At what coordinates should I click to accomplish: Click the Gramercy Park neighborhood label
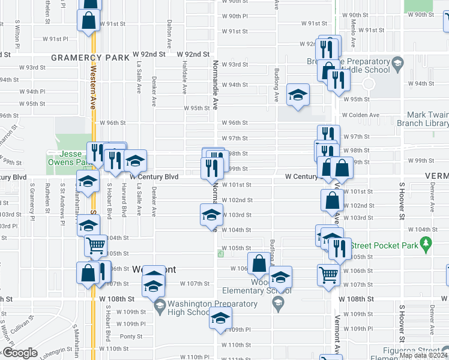pos(90,58)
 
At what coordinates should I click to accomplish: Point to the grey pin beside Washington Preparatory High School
pos(160,307)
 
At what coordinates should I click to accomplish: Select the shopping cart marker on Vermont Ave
pos(328,274)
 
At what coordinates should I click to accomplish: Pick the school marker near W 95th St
pos(298,95)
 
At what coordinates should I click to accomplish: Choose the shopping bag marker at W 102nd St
pos(332,200)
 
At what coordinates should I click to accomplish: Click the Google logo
pos(19,353)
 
